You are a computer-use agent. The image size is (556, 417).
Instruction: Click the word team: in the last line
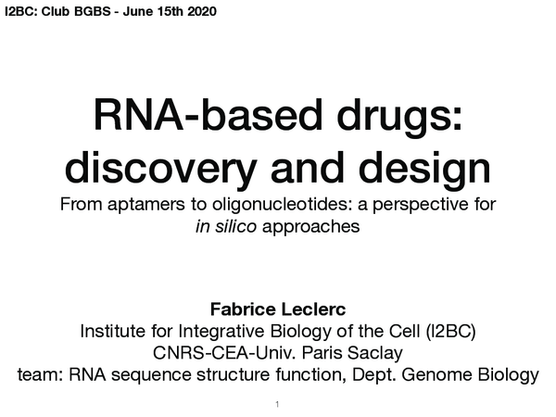click(41, 374)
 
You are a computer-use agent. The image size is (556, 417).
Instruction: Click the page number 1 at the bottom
click(278, 405)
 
